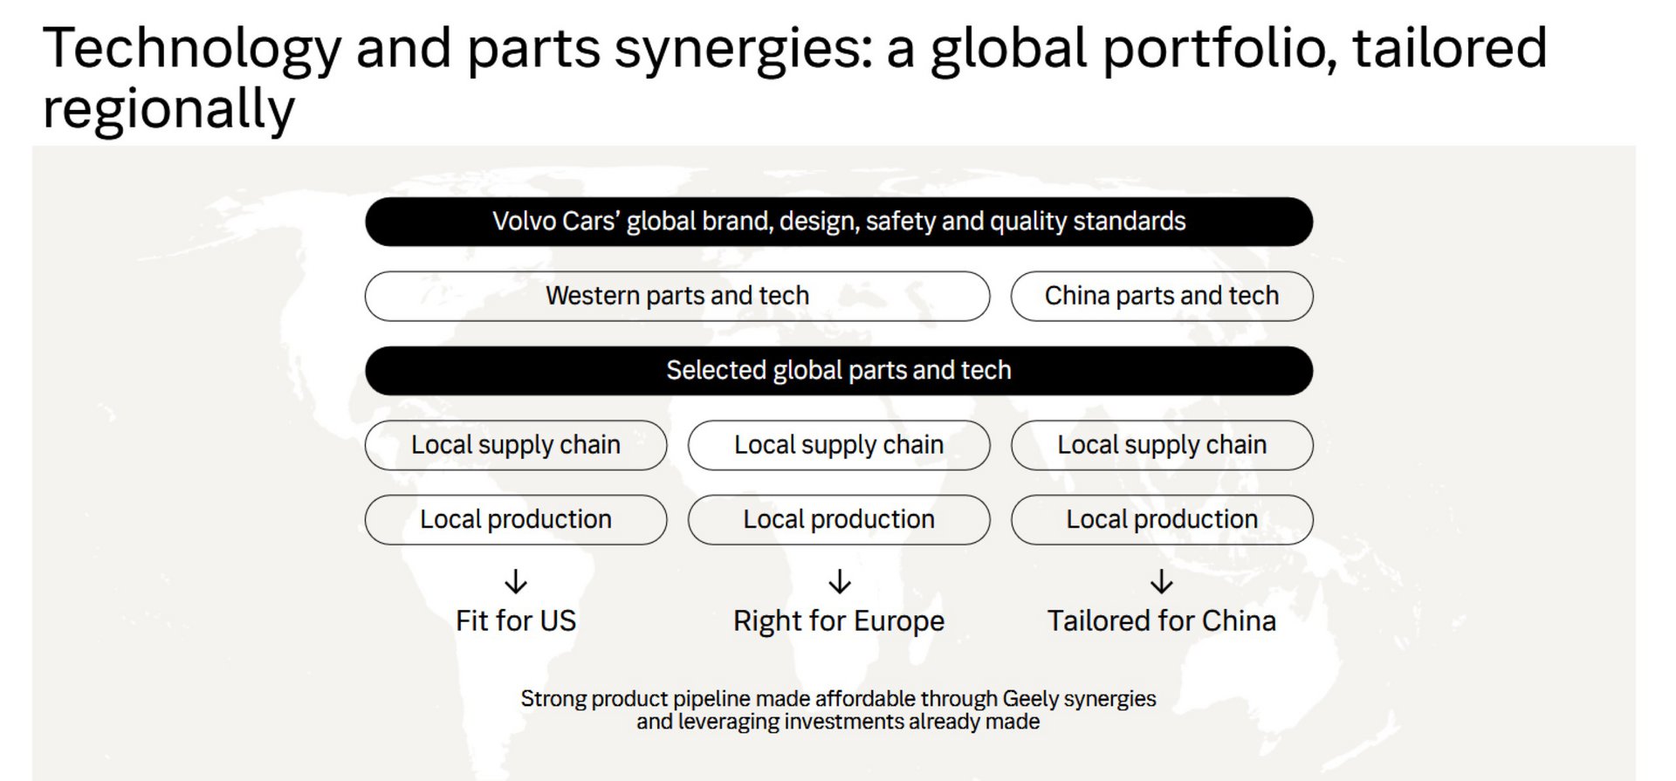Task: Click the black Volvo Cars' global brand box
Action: pos(839,222)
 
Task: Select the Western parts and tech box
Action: pos(677,296)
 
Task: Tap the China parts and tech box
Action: pos(1162,296)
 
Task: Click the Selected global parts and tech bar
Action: pos(839,371)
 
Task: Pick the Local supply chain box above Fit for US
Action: pos(516,445)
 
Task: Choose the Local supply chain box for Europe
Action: pos(839,445)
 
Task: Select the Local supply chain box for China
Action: pos(1162,445)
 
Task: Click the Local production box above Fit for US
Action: pos(516,520)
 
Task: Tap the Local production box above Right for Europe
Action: pos(839,520)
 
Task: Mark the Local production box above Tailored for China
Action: pos(1162,520)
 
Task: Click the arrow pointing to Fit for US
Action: pos(516,581)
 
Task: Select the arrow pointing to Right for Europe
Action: pos(840,581)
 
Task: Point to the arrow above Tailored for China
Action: pos(1162,581)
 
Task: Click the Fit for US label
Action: pos(516,620)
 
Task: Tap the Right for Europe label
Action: pos(839,621)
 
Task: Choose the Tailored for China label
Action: pos(1162,620)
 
